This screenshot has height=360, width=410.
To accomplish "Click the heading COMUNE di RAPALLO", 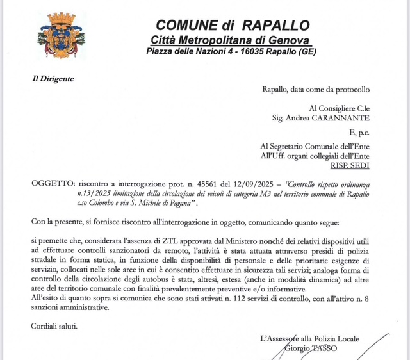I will click(233, 26).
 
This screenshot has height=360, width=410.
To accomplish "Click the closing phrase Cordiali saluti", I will click(54, 326).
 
